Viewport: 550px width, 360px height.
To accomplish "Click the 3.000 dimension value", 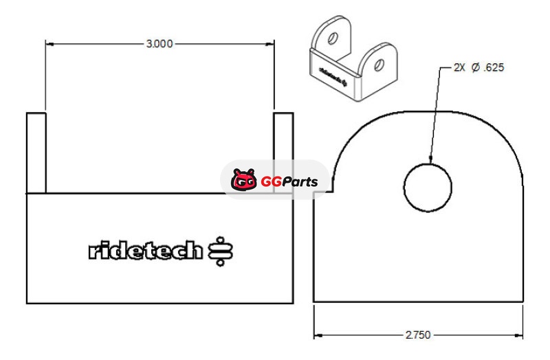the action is (159, 44).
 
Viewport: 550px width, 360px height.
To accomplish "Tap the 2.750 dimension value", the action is (418, 335).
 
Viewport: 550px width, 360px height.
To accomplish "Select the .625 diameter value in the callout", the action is (494, 67).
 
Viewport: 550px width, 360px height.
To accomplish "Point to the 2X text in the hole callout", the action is (459, 67).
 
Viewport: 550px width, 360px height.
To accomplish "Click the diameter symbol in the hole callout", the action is (476, 67).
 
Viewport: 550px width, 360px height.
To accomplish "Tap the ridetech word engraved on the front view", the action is (146, 250).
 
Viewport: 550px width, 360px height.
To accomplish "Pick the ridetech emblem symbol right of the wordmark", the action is (220, 251).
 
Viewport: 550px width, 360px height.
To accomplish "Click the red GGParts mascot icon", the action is (244, 180).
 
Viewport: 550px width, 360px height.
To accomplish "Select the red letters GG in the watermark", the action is (271, 182).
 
